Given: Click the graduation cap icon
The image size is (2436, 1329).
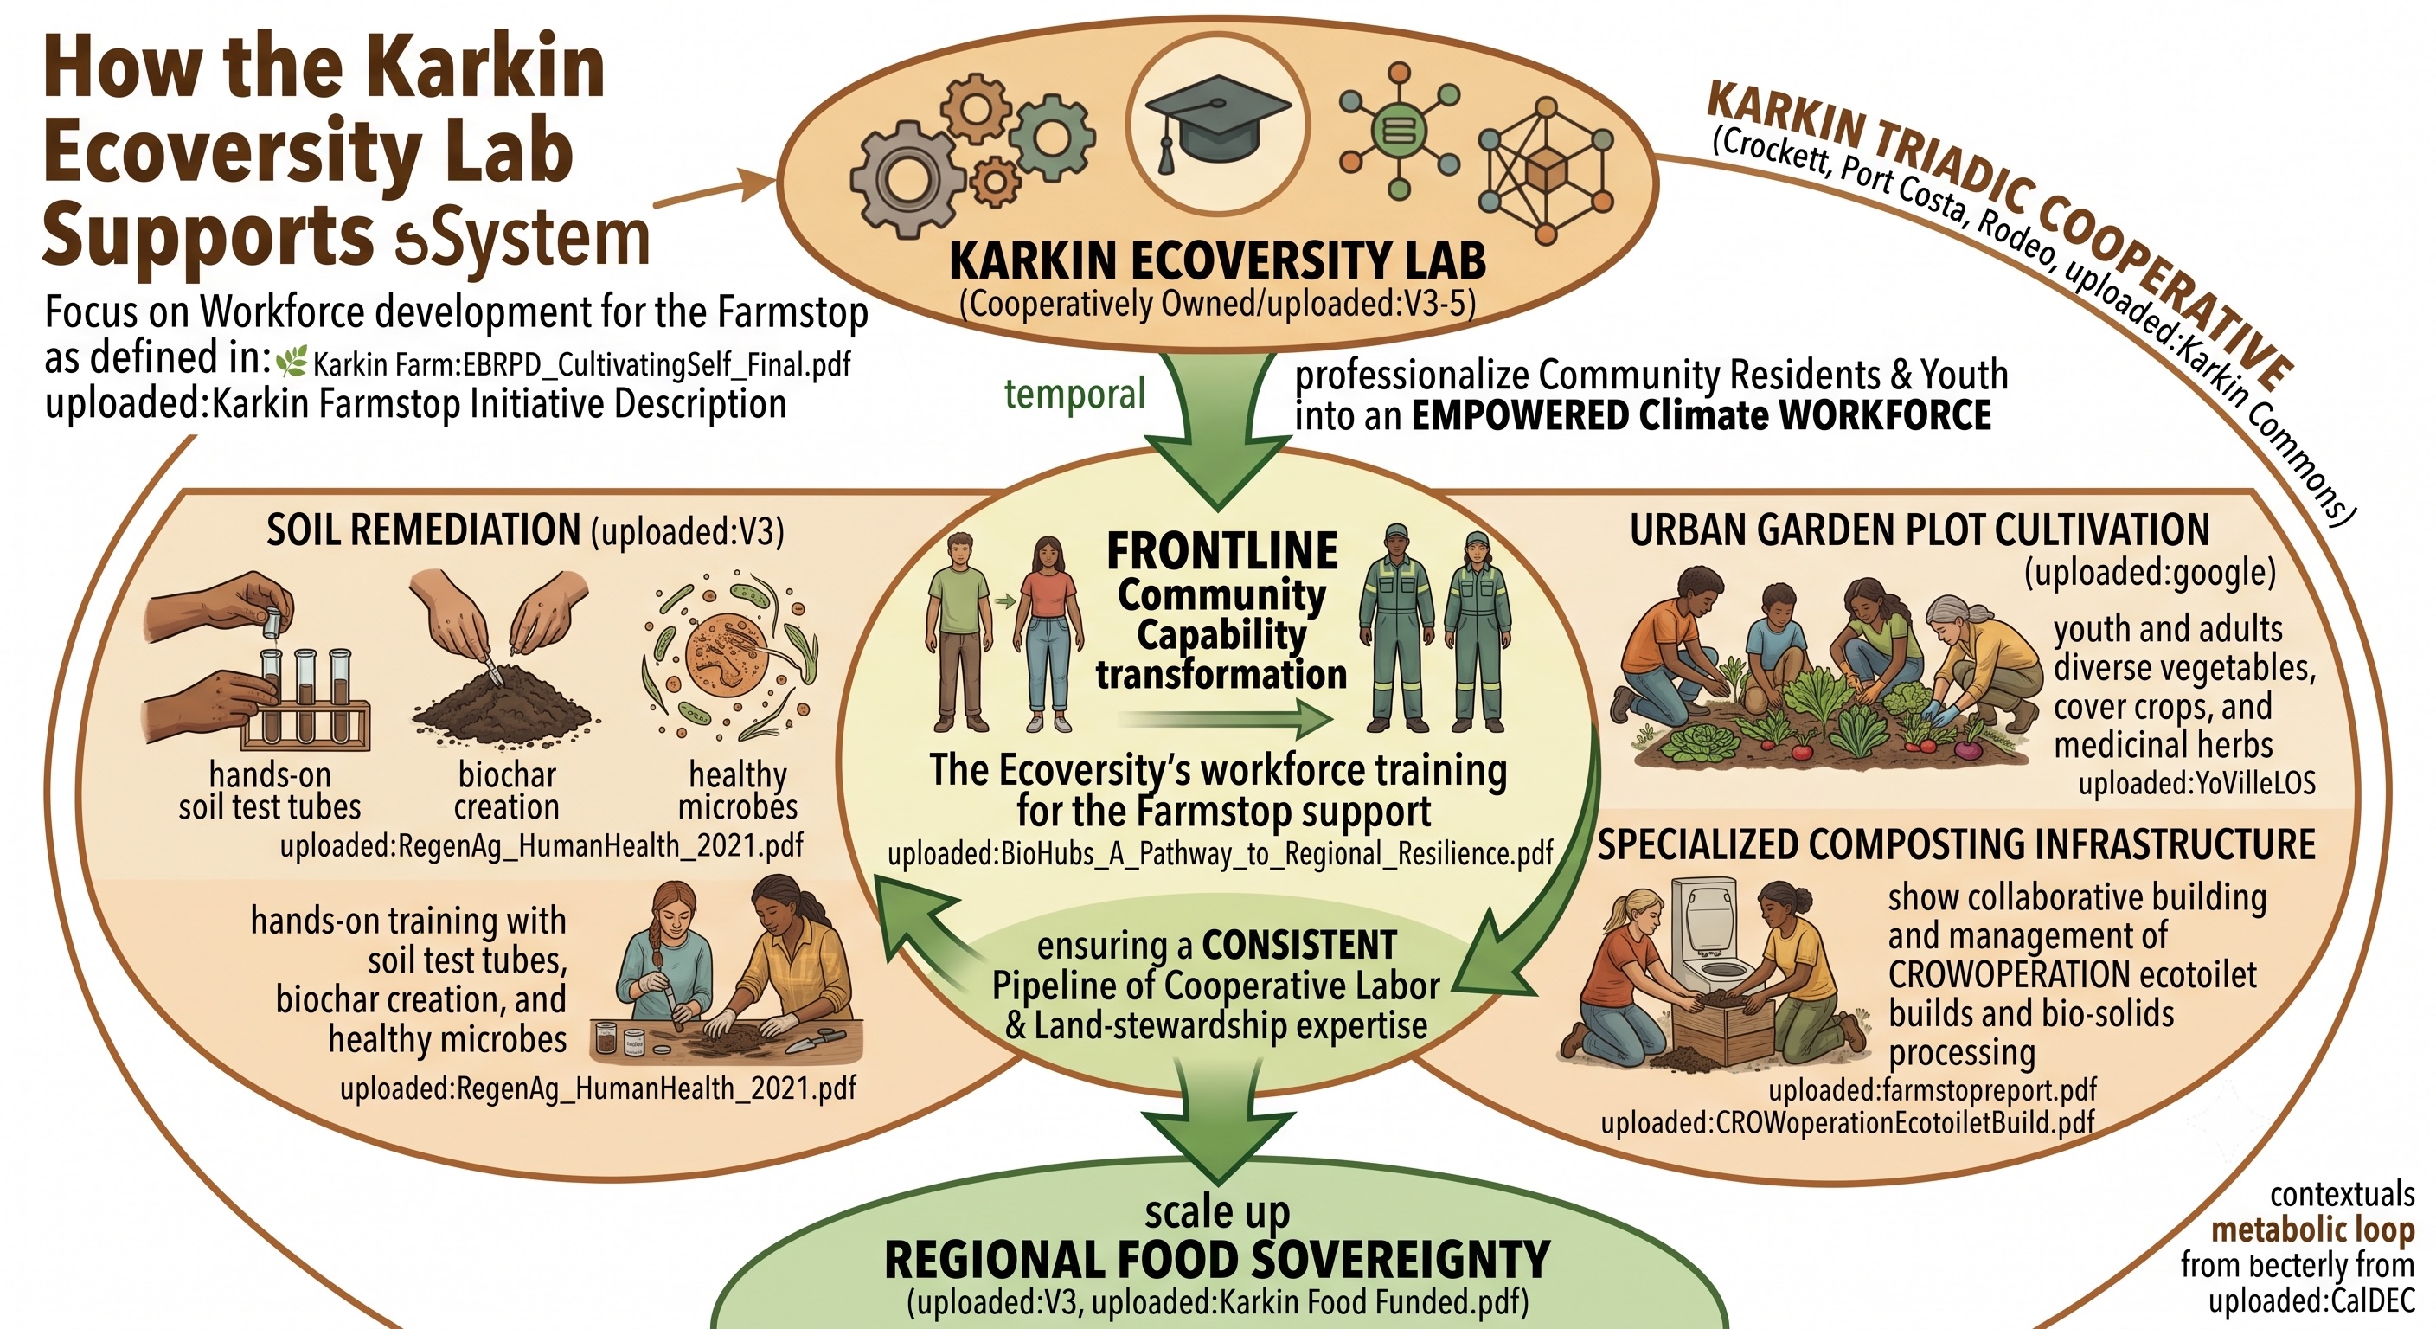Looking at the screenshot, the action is (1217, 123).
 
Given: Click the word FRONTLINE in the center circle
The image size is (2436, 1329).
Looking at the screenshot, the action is (1221, 550).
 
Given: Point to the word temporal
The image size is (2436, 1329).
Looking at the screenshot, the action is (1074, 394).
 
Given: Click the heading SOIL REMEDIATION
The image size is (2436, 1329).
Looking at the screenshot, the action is (423, 530).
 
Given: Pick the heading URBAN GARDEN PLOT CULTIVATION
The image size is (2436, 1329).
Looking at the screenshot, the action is (1920, 530).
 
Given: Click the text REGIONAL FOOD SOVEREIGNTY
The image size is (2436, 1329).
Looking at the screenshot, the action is (1217, 1260).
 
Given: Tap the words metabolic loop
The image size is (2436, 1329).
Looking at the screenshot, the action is (2313, 1229).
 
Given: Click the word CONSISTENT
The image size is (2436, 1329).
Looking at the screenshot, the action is (1299, 945).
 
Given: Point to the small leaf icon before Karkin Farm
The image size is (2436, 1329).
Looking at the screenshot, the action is (292, 362).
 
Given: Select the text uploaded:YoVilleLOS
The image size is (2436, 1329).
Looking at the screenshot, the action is (2196, 783).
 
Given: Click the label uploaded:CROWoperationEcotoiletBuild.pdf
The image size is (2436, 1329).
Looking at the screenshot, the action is (1848, 1123).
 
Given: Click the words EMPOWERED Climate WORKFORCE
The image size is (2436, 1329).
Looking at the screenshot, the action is (1702, 416).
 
